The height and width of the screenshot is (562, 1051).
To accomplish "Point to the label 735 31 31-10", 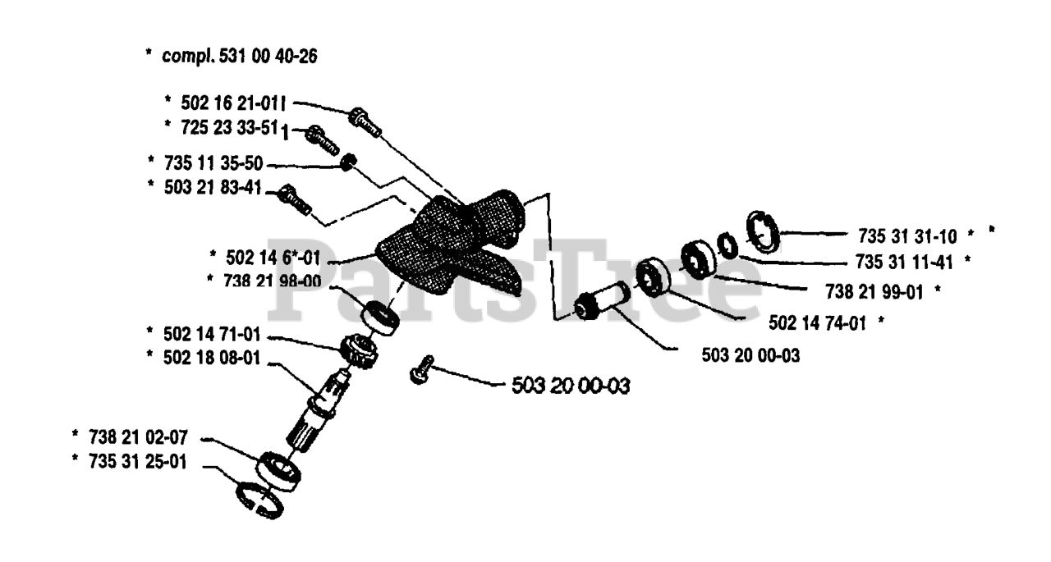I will (x=906, y=237).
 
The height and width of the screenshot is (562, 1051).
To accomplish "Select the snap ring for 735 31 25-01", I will (x=259, y=500).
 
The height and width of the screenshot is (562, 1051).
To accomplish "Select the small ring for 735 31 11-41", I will (x=727, y=245).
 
